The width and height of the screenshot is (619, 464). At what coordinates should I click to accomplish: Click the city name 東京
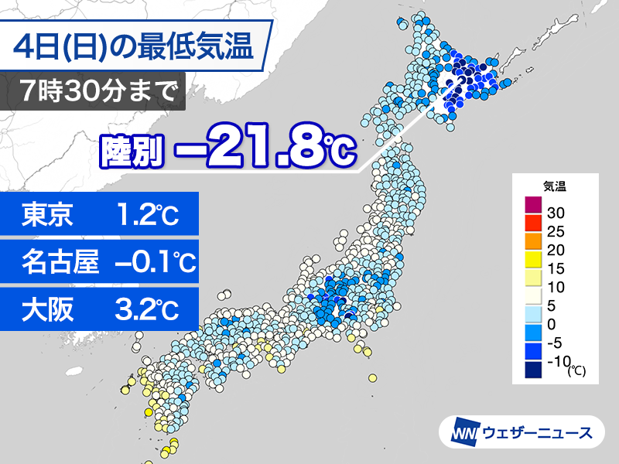tap(48, 215)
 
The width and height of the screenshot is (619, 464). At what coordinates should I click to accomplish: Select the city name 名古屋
tap(60, 263)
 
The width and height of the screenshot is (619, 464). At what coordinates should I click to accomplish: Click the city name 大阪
tap(48, 310)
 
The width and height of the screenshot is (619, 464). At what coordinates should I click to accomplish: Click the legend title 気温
tap(555, 186)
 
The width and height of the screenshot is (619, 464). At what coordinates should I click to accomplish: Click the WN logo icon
tap(467, 432)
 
